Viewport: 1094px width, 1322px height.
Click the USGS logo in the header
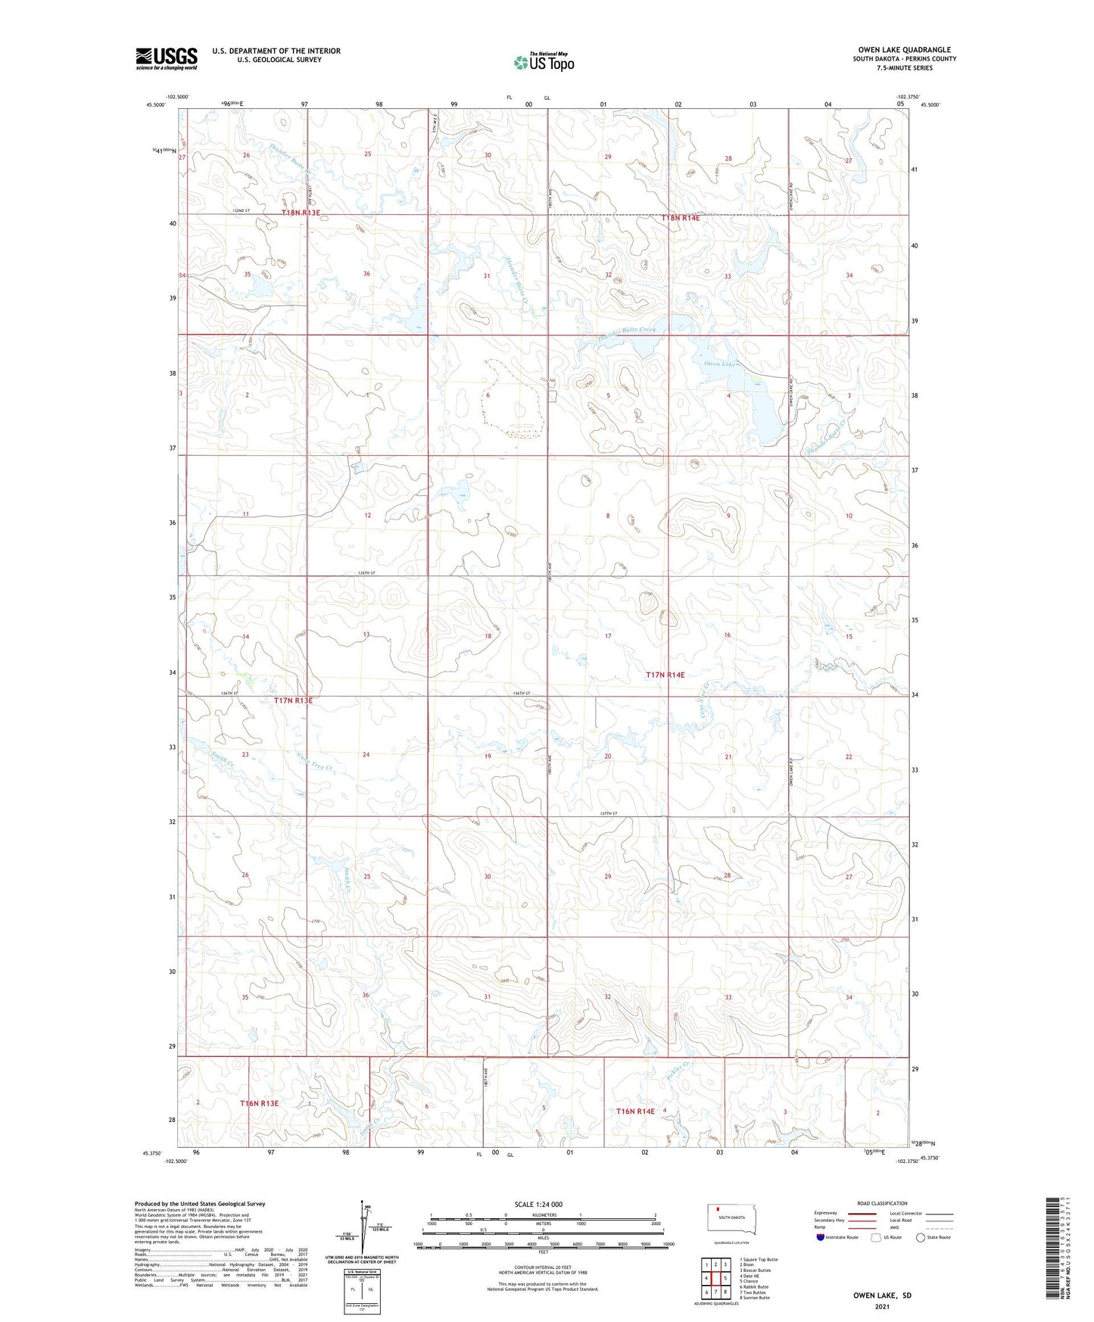(167, 58)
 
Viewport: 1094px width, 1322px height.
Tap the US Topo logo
(544, 62)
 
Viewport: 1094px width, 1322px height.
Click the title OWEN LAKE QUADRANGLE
(904, 50)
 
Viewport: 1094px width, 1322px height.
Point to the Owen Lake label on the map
(719, 364)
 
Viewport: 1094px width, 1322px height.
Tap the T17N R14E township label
(665, 675)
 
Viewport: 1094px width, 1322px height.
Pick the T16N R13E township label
(259, 1103)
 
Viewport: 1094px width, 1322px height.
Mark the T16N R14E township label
(635, 1111)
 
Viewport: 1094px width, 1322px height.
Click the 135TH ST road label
(366, 573)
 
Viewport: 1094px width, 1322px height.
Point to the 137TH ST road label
(608, 813)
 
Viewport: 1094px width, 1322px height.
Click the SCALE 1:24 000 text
(538, 1204)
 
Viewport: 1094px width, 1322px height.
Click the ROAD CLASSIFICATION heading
(882, 1203)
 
